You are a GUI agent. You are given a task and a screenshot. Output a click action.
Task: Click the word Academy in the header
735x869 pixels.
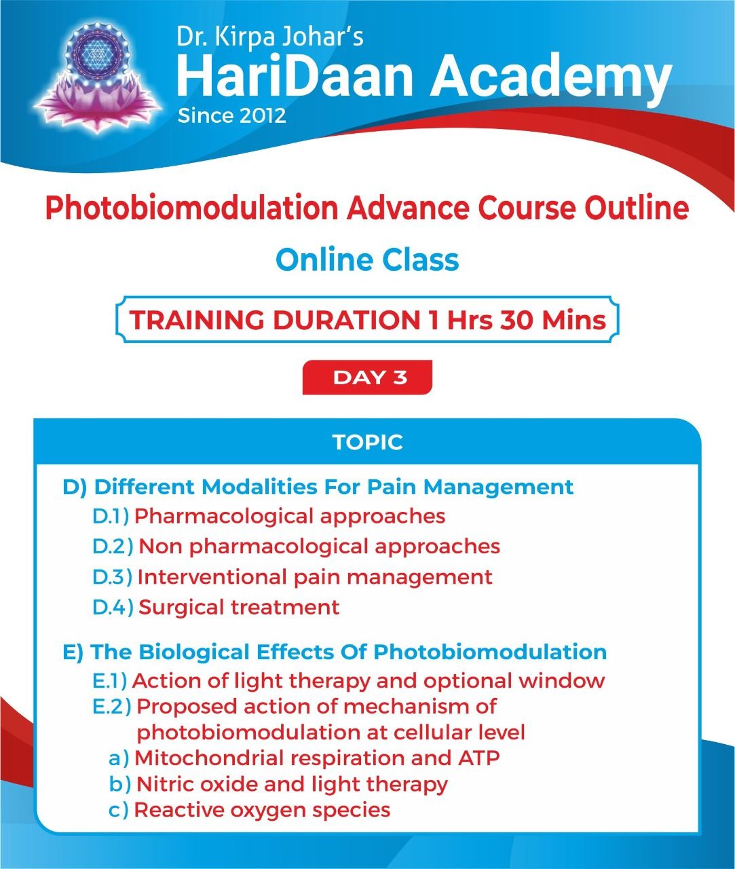coord(550,80)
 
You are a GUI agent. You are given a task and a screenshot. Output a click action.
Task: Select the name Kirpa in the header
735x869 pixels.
coord(240,37)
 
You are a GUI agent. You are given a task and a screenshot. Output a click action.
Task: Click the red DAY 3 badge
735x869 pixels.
coord(367,377)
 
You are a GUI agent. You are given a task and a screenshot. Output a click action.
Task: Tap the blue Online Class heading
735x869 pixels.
coord(367,259)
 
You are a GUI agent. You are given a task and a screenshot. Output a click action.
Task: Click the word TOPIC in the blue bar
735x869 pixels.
coord(367,442)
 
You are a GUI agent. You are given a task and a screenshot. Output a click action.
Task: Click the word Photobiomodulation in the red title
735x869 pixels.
coord(191,208)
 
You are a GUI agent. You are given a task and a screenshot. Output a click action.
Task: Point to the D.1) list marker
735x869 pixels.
coord(110,516)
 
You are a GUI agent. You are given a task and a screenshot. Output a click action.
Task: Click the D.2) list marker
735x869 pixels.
coord(113,547)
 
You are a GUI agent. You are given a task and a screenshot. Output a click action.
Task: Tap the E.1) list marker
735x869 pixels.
coord(109,681)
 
